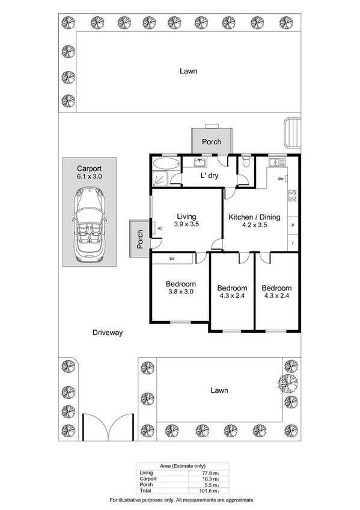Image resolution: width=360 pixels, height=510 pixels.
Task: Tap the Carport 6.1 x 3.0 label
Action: (89, 173)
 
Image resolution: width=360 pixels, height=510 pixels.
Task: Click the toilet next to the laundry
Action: (246, 163)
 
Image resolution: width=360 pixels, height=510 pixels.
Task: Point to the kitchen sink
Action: (277, 162)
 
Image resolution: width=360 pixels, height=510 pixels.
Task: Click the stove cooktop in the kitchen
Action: (293, 195)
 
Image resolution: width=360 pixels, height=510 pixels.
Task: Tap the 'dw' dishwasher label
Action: (280, 179)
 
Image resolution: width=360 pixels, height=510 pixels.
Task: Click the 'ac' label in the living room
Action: (159, 229)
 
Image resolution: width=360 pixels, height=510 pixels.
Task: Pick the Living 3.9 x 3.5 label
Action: (186, 220)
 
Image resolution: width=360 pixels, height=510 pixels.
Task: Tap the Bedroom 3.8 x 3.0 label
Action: (181, 288)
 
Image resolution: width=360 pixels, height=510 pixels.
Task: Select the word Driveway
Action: (108, 332)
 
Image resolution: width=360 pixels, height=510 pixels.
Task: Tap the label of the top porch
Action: (211, 143)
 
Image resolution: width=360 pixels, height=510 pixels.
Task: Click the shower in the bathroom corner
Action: (160, 178)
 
